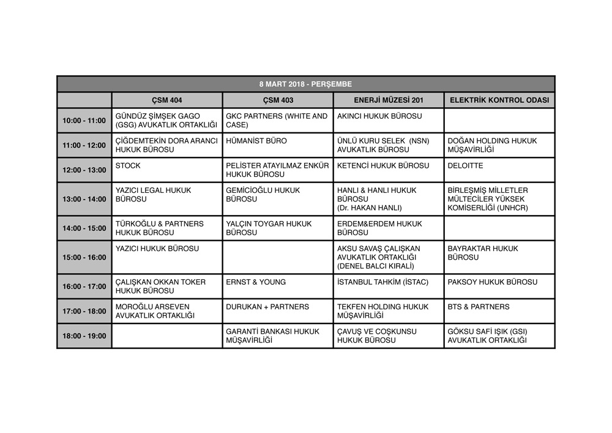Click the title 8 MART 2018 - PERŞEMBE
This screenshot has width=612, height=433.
[x=305, y=84]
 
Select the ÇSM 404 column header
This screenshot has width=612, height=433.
[x=167, y=100]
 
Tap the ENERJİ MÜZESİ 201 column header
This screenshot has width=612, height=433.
[x=389, y=100]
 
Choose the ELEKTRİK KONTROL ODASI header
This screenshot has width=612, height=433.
[x=499, y=100]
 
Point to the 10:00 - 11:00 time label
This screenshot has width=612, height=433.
[x=84, y=121]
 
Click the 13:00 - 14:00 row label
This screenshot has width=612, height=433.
[x=84, y=199]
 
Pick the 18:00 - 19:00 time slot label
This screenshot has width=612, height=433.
[x=84, y=336]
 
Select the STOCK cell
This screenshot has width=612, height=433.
[x=128, y=166]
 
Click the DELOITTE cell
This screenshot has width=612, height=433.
[x=465, y=166]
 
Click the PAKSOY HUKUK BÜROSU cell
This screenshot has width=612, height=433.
[x=493, y=282]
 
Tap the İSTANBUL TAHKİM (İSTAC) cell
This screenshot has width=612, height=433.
[x=382, y=282]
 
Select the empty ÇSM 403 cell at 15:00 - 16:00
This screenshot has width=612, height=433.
[x=278, y=257]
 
